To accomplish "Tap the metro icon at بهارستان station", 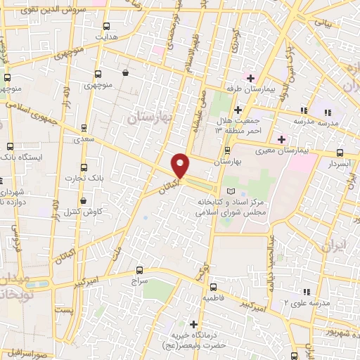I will click(226, 150).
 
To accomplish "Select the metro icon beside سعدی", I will click(84, 128).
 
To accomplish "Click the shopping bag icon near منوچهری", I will click(125, 72).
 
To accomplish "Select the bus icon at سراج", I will click(139, 269).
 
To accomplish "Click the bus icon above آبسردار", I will click(340, 153).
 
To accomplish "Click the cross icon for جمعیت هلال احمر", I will click(238, 110).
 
